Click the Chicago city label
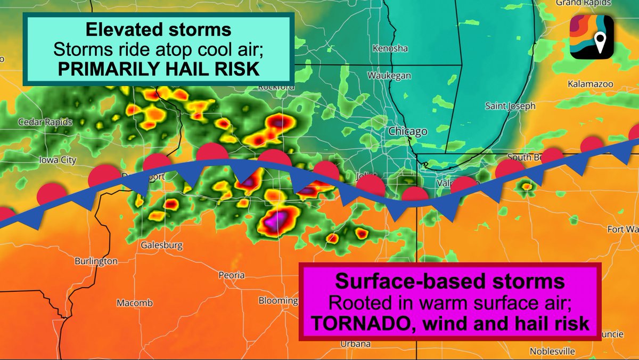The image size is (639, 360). coord(407,131)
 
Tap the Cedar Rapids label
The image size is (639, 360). coord(45,122)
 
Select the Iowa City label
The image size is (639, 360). coord(58,160)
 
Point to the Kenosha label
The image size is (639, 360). coord(390,48)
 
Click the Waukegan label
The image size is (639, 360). coord(389,76)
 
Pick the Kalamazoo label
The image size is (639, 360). coord(590,84)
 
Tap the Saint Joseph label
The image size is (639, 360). coord(510,106)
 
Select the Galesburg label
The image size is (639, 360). coord(161,246)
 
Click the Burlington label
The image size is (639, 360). coord(96,261)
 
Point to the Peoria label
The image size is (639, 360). coord(232,275)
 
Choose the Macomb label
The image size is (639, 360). coord(135,303)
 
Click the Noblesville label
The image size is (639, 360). coord(552,351)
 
